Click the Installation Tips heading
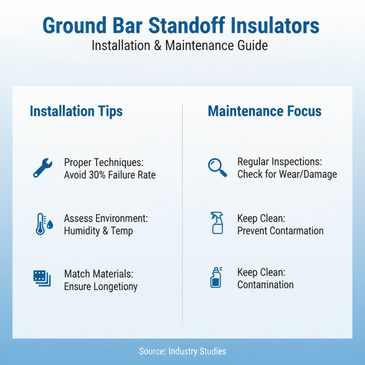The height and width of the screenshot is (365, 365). (76, 111)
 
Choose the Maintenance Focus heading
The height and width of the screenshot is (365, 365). (265, 111)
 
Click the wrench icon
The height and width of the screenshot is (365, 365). (43, 168)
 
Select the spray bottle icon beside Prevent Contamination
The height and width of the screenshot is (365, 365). (217, 223)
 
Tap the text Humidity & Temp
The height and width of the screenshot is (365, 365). (99, 231)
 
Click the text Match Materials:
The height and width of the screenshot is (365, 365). (99, 274)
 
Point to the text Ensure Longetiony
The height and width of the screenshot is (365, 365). (101, 287)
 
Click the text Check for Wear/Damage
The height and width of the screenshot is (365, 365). (287, 174)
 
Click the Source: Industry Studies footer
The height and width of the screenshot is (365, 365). (182, 351)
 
